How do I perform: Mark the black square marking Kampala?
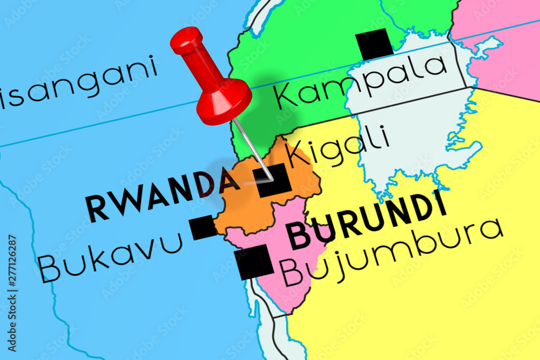pos(374,44)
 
